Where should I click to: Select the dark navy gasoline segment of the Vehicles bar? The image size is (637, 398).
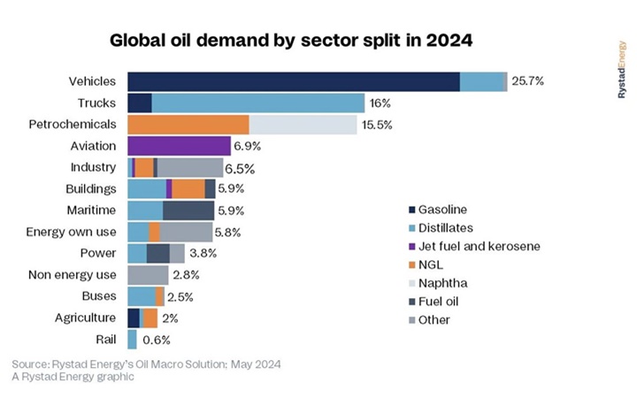(x=293, y=81)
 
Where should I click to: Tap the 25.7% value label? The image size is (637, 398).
(x=527, y=81)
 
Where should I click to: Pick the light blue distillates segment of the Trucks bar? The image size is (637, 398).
(x=257, y=103)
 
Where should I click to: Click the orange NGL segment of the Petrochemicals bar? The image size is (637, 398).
(x=188, y=124)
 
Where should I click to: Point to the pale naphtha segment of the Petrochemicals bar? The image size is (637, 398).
(x=303, y=124)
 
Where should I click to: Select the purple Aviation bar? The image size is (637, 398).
(x=179, y=145)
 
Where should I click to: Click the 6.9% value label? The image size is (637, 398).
(x=248, y=145)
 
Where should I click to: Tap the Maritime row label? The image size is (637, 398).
(x=91, y=210)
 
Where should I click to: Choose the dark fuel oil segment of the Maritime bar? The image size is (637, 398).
(x=188, y=210)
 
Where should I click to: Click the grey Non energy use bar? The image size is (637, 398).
(x=148, y=275)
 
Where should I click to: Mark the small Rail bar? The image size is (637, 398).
(x=133, y=339)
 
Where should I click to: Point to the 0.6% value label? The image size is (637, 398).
(x=156, y=340)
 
